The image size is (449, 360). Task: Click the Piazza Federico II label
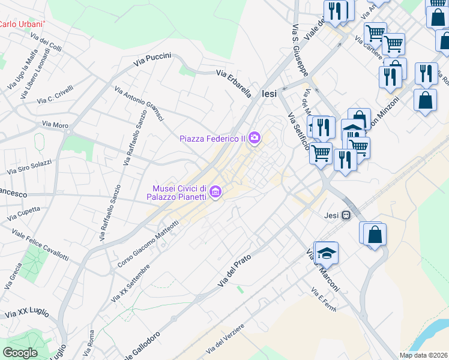tap(212, 139)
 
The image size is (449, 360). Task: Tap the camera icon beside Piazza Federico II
tap(255, 139)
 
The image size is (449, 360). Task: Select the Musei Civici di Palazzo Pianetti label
tap(178, 193)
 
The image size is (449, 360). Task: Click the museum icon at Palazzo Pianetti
tap(216, 193)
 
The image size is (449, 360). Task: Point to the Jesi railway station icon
tap(346, 216)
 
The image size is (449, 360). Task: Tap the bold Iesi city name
tap(271, 94)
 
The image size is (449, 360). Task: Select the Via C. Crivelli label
tap(55, 95)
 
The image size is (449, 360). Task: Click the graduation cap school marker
tap(327, 253)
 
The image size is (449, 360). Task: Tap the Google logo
tap(20, 353)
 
